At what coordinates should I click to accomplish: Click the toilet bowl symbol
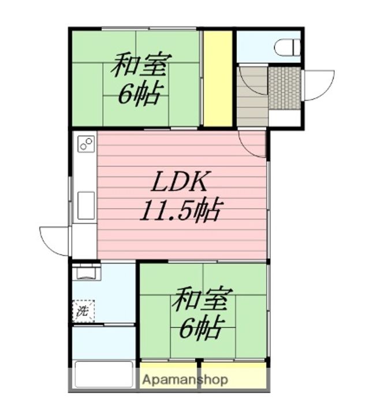pos(288,47)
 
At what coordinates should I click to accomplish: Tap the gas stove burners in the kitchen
pos(85,144)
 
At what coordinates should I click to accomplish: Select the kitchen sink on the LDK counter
pos(85,205)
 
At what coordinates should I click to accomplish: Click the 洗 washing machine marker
pos(83,311)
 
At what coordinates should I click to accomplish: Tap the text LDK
pos(179,184)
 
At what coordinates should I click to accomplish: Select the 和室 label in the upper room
pos(140,65)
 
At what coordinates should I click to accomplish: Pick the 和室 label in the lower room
pos(202,300)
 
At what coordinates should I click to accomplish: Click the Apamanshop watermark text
pos(185,380)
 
